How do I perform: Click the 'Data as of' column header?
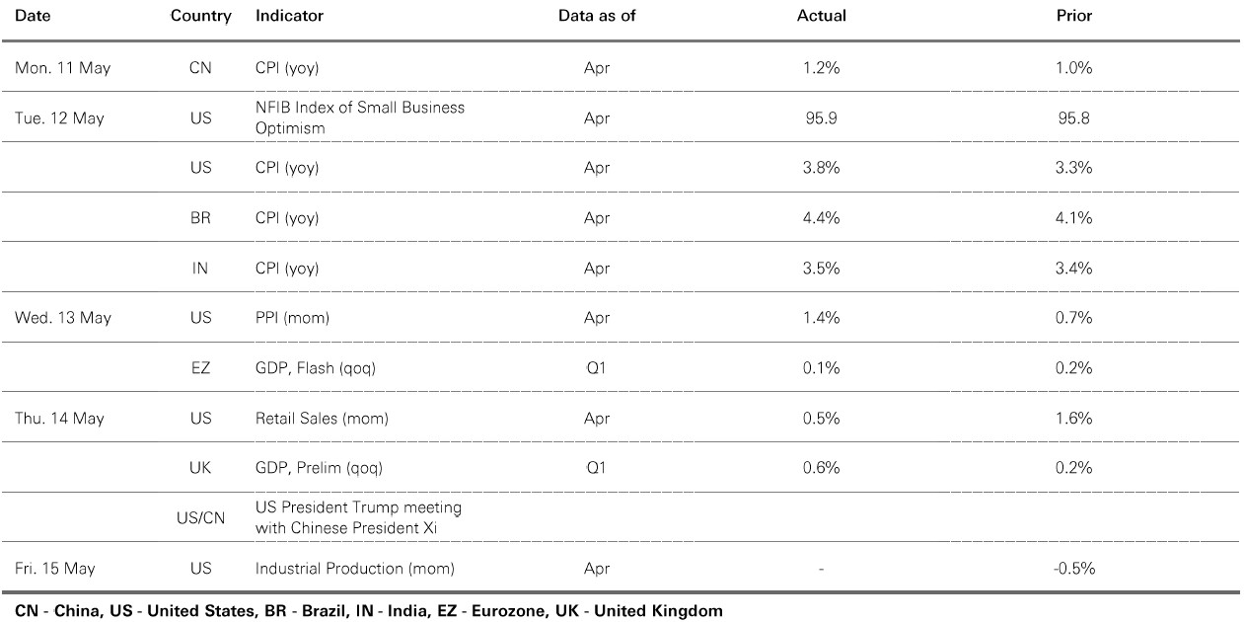coord(597,16)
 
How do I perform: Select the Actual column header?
coord(822,16)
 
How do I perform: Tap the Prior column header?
coord(1074,16)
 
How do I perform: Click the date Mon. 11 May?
coord(63,68)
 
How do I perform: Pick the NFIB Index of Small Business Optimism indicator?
coord(360,117)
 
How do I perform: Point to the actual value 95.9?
coord(822,117)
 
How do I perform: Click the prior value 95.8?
coord(1074,117)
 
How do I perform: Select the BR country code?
coord(200,218)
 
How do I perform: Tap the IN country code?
coord(200,268)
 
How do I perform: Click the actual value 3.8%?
coord(822,168)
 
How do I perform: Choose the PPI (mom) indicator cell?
coord(292,318)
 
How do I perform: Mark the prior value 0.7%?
coord(1074,318)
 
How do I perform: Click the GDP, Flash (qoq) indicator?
coord(316,368)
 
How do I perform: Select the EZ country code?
coord(200,368)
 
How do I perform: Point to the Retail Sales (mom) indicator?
coord(322,418)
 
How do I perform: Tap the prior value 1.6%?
coord(1074,418)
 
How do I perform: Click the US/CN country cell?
coord(200,518)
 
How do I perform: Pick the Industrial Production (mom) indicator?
coord(355,568)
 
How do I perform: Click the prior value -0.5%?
coord(1074,568)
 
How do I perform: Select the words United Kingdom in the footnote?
coord(659,611)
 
